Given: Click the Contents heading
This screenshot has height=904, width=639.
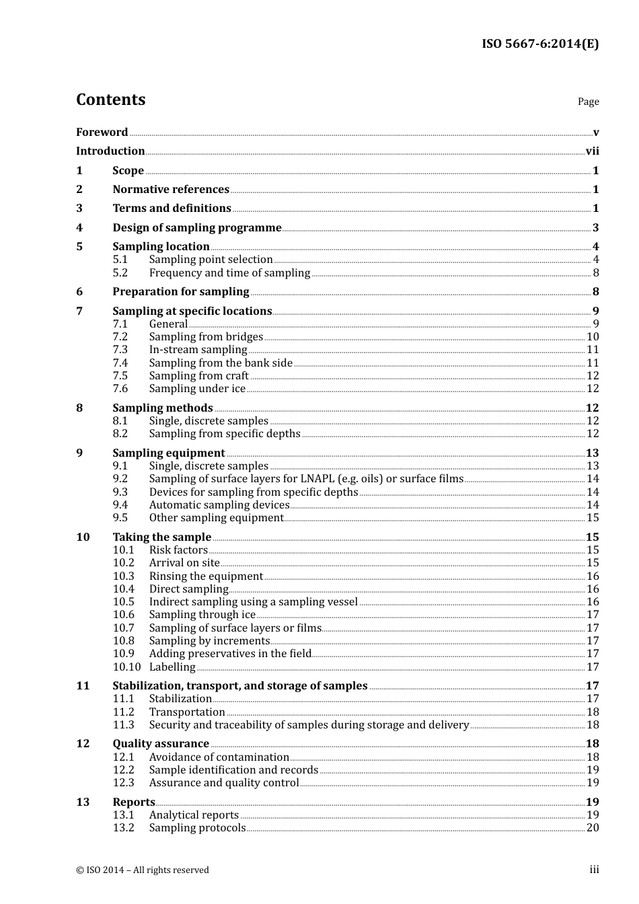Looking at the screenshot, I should click(110, 100).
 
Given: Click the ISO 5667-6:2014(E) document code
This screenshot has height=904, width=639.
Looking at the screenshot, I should click(539, 44).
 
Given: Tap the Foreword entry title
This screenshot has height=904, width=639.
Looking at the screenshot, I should click(102, 132).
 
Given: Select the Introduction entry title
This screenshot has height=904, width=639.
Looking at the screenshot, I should click(110, 151).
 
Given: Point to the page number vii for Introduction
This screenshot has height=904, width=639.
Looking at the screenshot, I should click(592, 151).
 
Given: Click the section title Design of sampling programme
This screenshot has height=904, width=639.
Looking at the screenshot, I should click(197, 227).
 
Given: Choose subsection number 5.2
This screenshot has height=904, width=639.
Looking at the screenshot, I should click(120, 272).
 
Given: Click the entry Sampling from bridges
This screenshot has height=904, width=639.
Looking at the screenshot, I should click(206, 336).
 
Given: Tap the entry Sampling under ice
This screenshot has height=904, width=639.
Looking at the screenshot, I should click(197, 388).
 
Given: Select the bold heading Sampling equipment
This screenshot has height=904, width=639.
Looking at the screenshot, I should click(169, 453).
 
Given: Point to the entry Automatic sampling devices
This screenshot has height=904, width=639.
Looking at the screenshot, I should click(219, 504).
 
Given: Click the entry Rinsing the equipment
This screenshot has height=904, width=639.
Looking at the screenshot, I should click(206, 576).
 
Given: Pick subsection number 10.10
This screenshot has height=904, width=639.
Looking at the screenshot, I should click(126, 667).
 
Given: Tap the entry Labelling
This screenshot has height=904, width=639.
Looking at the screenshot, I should click(172, 667).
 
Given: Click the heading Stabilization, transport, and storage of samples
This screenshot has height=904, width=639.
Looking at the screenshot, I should click(240, 685).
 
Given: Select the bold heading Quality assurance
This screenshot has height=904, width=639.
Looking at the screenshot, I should click(161, 743).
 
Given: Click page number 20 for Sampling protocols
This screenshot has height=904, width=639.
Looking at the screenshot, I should click(593, 827).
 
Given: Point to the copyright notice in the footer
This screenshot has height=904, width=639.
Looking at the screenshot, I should click(143, 870).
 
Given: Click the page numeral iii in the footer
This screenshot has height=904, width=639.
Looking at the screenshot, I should click(594, 869).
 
